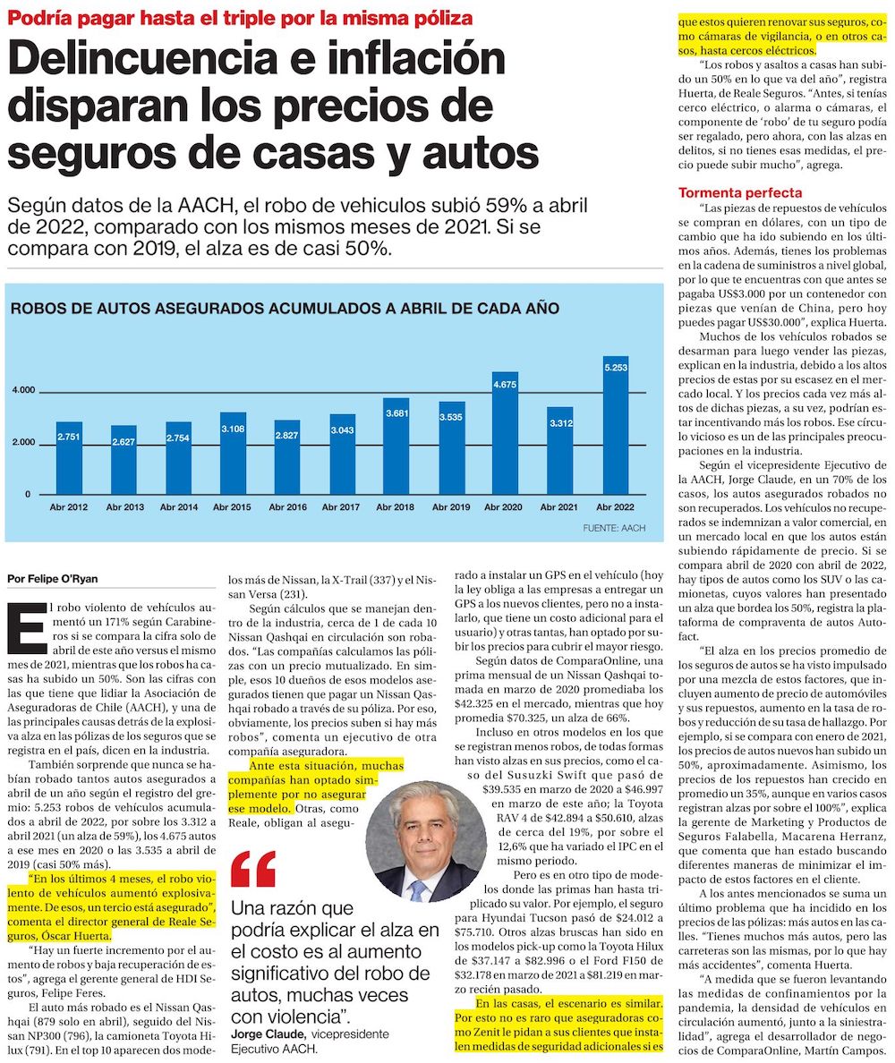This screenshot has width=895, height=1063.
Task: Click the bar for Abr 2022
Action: coord(616,425)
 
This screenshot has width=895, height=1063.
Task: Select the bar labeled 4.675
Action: coord(505,433)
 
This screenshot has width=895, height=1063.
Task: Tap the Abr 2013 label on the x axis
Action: coord(124,507)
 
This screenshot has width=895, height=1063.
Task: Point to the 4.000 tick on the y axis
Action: coord(24,390)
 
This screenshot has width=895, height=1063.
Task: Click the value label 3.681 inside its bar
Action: coord(396,412)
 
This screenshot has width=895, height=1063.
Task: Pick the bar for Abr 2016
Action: coord(286,457)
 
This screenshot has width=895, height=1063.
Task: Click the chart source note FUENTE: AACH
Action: coord(614,527)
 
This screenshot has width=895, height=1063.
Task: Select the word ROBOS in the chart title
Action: coord(38,309)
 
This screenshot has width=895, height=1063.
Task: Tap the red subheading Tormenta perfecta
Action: coord(740,192)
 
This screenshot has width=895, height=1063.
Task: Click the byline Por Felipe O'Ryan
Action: coord(52,579)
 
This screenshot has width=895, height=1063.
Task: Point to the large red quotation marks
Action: coord(253,869)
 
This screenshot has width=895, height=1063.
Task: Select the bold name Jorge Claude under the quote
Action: coord(268,1034)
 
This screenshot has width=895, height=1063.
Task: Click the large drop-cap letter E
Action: coord(27,628)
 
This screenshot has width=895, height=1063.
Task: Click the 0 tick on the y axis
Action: coord(28,494)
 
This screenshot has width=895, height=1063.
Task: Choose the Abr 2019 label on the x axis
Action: coord(451,507)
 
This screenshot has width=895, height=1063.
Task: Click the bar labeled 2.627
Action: coord(124,460)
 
